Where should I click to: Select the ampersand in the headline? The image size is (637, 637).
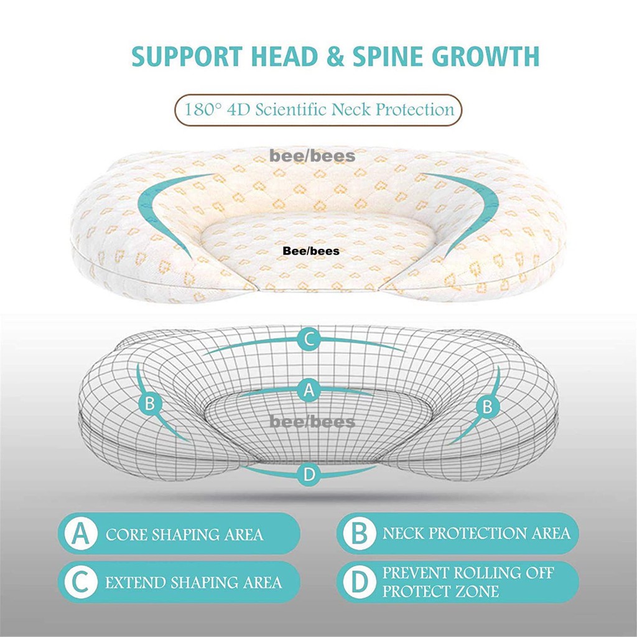click(x=330, y=56)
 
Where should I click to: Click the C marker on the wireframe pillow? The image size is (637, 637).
click(x=309, y=340)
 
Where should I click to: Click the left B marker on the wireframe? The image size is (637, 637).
click(x=149, y=403)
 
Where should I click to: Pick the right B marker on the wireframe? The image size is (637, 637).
click(x=488, y=407)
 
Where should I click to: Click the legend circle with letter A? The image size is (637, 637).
click(x=79, y=534)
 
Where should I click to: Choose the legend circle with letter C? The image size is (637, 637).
click(x=79, y=584)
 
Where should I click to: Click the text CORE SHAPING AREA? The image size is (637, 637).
click(x=184, y=534)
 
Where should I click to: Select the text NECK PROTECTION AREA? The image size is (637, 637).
click(x=476, y=533)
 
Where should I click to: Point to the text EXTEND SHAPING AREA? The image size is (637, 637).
click(x=193, y=583)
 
